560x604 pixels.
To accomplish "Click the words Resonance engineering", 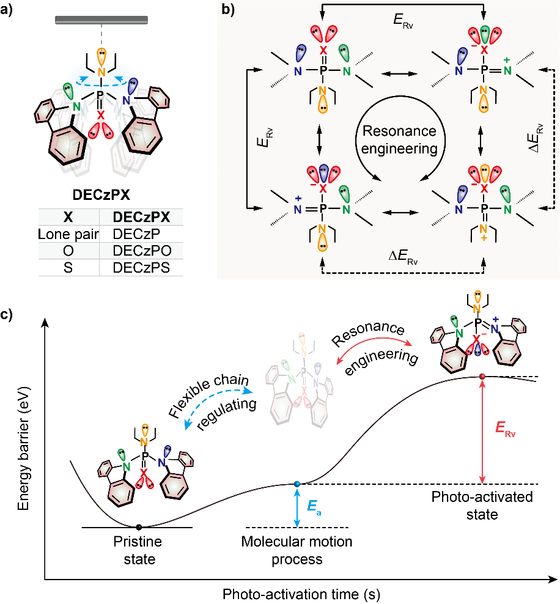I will [x=399, y=139].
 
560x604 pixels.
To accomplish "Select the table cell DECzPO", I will [x=141, y=251].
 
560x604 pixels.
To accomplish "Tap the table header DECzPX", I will [x=141, y=218].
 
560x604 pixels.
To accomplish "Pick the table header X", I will [x=68, y=218].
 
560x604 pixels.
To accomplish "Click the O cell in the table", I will [x=68, y=251].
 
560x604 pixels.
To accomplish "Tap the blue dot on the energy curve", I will [x=297, y=484].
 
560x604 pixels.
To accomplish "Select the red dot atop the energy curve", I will [x=482, y=376].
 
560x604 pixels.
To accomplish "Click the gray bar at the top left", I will [x=101, y=20].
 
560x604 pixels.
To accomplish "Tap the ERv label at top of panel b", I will [x=404, y=20].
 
